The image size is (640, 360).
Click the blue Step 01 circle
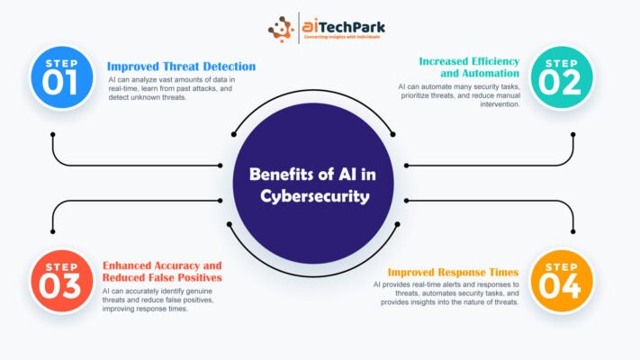(61, 77)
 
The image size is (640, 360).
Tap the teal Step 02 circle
(562, 77)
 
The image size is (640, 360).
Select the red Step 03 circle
(61, 281)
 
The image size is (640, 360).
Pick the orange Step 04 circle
(562, 281)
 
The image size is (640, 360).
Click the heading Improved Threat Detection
(181, 67)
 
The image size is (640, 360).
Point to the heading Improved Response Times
(453, 272)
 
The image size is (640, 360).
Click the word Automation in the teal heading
(480, 74)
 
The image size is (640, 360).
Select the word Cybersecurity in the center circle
(315, 197)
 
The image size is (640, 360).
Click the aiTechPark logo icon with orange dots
(281, 29)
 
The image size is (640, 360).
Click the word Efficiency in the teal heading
(495, 61)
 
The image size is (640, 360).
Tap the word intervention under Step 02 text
(500, 104)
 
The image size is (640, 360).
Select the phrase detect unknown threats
(148, 97)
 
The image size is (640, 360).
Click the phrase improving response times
(145, 309)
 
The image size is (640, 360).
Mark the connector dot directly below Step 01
(52, 134)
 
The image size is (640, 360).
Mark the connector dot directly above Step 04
(573, 232)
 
